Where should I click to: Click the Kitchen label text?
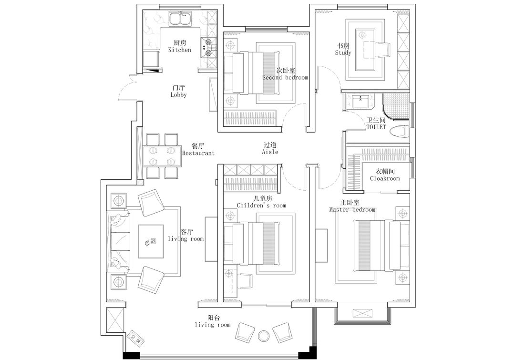pyautogui.click(x=180, y=50)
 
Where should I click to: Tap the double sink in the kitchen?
pyautogui.click(x=180, y=19)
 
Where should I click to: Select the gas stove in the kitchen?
pyautogui.click(x=208, y=47)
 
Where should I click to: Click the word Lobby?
pyautogui.click(x=179, y=94)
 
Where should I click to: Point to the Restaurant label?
pyautogui.click(x=198, y=153)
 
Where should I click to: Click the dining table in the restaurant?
pyautogui.click(x=162, y=156)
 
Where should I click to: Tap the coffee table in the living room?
pyautogui.click(x=151, y=241)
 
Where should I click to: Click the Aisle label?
pyautogui.click(x=270, y=152)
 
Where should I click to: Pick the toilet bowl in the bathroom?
pyautogui.click(x=400, y=132)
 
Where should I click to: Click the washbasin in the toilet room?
pyautogui.click(x=360, y=102)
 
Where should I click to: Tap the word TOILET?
pyautogui.click(x=376, y=127)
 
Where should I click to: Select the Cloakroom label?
pyautogui.click(x=385, y=179)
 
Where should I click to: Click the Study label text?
pyautogui.click(x=343, y=52)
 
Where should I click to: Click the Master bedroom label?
pyautogui.click(x=352, y=209)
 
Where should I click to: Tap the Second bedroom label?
pyautogui.click(x=285, y=78)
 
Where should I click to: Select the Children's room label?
pyautogui.click(x=261, y=206)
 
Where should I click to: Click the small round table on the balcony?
pyautogui.click(x=264, y=336)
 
